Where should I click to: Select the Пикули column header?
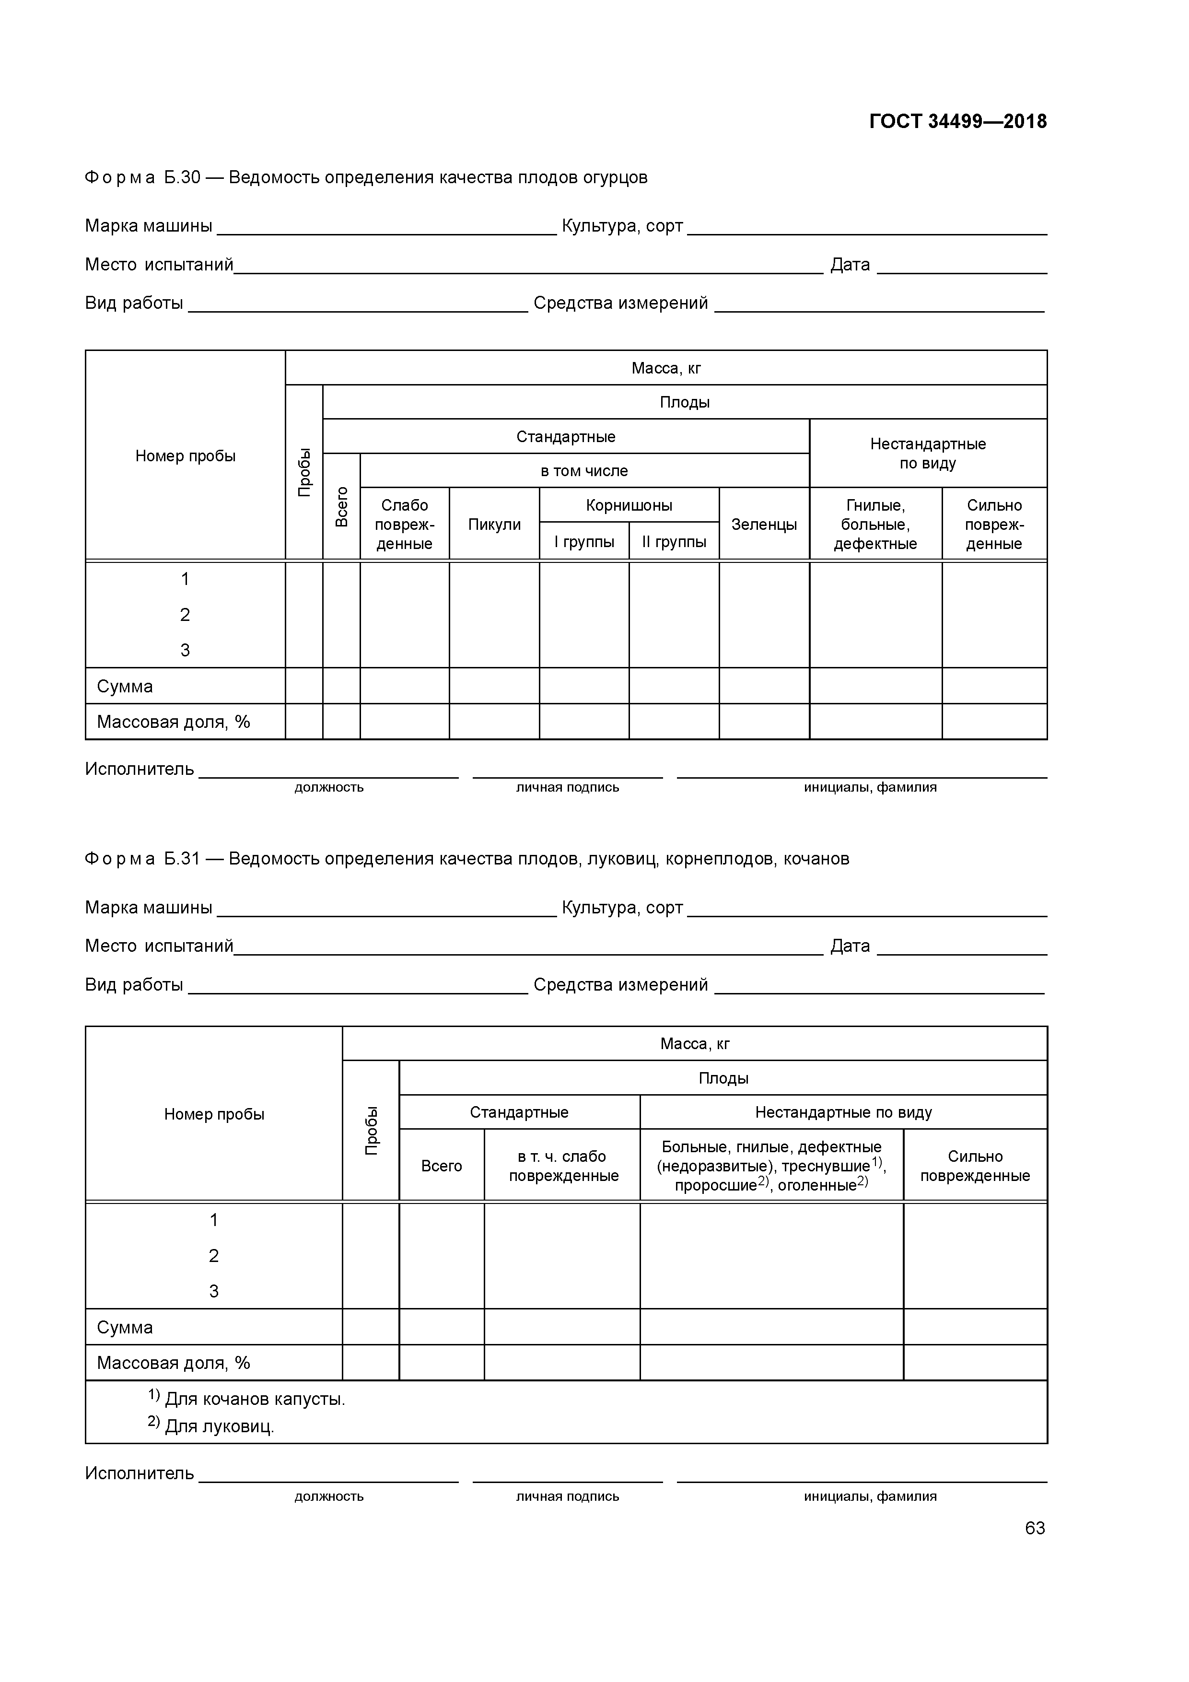coord(494,525)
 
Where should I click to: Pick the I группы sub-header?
coord(584,542)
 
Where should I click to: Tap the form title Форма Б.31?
coord(466,859)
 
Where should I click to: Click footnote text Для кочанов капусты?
coord(254,1399)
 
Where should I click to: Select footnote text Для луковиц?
coord(219,1426)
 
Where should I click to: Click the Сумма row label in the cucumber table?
coord(125,687)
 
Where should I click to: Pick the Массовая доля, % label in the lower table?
coord(173,1363)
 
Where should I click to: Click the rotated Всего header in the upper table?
coord(341,506)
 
